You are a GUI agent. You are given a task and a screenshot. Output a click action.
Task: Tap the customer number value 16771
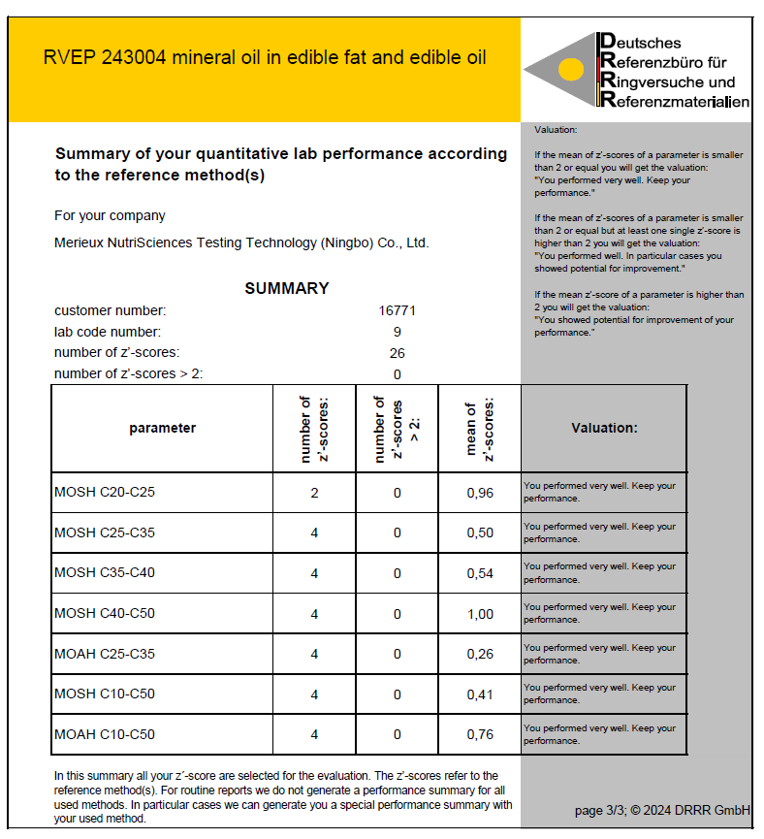tap(397, 311)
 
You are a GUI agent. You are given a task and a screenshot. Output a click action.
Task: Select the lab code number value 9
tap(397, 332)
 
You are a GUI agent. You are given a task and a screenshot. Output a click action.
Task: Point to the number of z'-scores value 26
tap(397, 353)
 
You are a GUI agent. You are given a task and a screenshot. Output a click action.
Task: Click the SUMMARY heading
tap(286, 288)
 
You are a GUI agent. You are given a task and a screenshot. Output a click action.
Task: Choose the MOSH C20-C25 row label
tap(105, 493)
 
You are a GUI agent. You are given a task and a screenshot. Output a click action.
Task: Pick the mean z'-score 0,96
tap(480, 493)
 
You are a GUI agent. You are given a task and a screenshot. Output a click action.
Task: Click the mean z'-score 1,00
tap(480, 614)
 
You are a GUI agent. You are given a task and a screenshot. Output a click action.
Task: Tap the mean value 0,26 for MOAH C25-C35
tap(480, 655)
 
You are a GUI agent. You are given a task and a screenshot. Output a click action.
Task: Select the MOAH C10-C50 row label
tap(105, 734)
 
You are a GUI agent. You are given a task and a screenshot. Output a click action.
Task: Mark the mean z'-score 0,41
tap(480, 694)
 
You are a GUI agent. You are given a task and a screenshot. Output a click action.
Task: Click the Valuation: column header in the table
tap(604, 428)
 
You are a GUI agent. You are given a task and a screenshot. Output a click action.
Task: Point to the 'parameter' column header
tap(162, 428)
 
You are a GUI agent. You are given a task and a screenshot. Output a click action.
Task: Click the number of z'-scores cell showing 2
tap(314, 493)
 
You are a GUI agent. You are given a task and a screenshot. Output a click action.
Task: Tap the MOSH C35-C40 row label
tap(105, 573)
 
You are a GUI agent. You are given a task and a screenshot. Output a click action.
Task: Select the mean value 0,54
tap(480, 573)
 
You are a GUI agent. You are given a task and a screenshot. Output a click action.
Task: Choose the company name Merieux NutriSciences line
tap(241, 243)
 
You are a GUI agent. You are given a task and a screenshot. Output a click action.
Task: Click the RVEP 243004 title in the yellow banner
tap(265, 57)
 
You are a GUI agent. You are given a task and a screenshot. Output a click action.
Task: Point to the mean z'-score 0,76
tap(480, 734)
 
